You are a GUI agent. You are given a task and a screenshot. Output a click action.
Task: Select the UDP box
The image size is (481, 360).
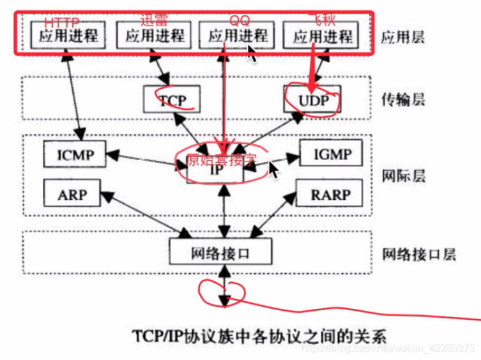[311, 100]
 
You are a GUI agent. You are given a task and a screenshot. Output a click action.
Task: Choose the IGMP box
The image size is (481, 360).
[330, 153]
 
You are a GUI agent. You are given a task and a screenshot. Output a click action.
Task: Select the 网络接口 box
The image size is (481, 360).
[220, 251]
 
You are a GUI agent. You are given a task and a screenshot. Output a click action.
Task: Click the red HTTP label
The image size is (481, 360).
[62, 22]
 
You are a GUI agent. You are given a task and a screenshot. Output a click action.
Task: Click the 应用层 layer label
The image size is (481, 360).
[401, 36]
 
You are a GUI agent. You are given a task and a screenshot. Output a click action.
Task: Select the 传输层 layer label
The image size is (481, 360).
[401, 100]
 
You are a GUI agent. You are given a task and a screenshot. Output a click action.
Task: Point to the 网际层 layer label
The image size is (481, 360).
[401, 175]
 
